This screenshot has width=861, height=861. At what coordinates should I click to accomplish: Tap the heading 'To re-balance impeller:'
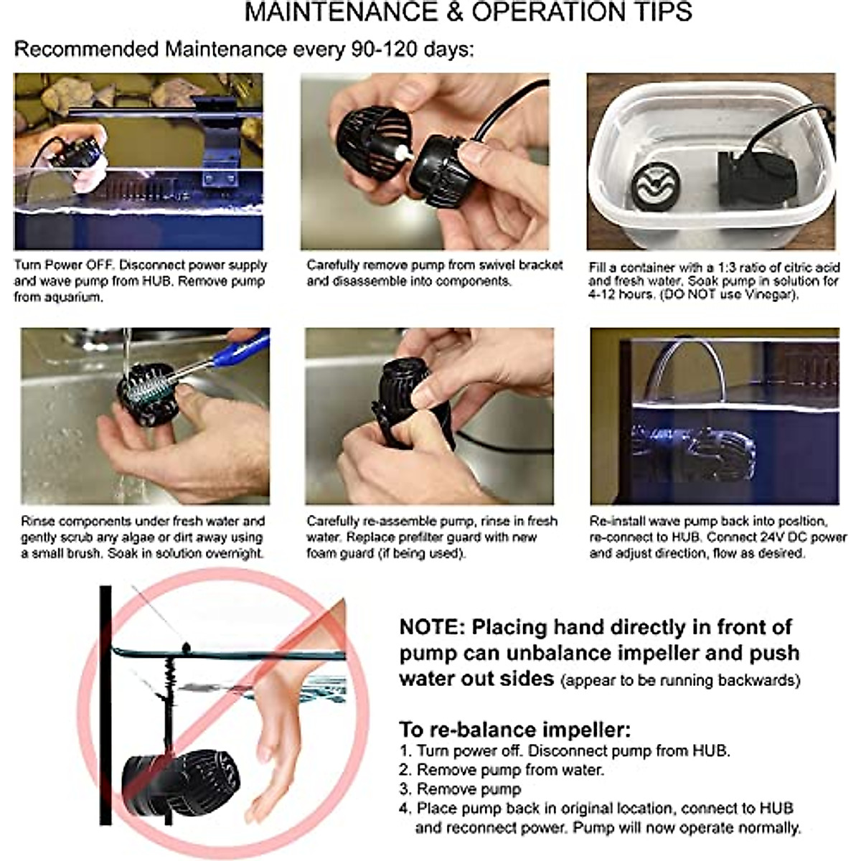tap(514, 729)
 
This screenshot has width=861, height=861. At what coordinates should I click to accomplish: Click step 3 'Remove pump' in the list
tap(460, 789)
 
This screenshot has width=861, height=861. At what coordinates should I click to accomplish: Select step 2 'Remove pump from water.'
tap(502, 770)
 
